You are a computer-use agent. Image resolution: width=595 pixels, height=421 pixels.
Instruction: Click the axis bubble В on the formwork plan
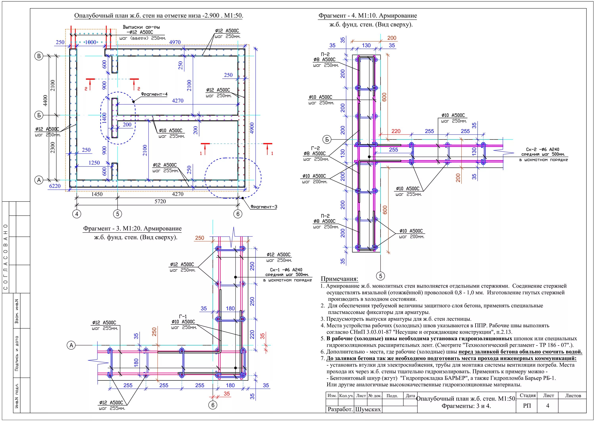pyautogui.click(x=39, y=56)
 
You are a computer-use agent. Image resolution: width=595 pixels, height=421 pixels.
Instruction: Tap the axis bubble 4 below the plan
pyautogui.click(x=76, y=214)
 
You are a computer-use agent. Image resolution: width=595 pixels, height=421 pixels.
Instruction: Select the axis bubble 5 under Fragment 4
pyautogui.click(x=380, y=276)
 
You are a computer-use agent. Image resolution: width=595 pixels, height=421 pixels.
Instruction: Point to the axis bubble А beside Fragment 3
pyautogui.click(x=71, y=345)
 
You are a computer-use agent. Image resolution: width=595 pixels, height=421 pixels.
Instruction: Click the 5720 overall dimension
pyautogui.click(x=160, y=202)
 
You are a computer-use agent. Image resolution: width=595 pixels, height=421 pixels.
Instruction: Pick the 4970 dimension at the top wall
pyautogui.click(x=175, y=42)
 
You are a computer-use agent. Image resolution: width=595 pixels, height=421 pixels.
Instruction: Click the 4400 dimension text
pyautogui.click(x=45, y=101)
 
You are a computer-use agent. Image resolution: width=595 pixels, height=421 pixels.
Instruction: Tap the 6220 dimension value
pyautogui.click(x=55, y=186)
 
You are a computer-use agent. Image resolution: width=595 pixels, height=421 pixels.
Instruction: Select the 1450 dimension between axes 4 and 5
pyautogui.click(x=97, y=194)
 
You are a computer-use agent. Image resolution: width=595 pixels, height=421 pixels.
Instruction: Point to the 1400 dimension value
pyautogui.click(x=104, y=118)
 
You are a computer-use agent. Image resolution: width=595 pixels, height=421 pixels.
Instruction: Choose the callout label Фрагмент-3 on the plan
pyautogui.click(x=264, y=207)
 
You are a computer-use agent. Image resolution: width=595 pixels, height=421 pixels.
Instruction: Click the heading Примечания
pyautogui.click(x=340, y=279)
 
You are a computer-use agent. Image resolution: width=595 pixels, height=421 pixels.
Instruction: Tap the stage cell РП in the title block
pyautogui.click(x=527, y=406)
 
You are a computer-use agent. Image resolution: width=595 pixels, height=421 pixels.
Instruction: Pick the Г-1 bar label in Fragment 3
pyautogui.click(x=183, y=317)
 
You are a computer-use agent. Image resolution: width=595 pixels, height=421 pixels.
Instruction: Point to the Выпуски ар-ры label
pyautogui.click(x=141, y=27)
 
